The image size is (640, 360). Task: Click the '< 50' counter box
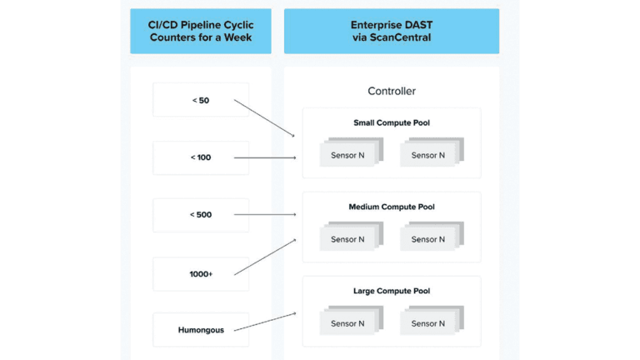pos(201,100)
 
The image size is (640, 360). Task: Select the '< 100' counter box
pos(201,157)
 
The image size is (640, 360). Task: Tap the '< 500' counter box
pos(201,215)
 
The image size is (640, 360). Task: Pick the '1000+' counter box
pos(201,273)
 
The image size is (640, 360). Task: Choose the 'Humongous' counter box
pos(201,330)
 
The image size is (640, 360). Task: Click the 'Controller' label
pos(391,91)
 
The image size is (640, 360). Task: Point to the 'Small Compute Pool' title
pos(391,123)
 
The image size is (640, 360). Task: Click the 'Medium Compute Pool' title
pos(391,207)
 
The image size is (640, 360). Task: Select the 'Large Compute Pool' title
pos(391,291)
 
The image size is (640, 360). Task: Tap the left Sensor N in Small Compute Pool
pos(347,155)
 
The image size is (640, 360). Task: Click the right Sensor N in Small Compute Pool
pos(428,155)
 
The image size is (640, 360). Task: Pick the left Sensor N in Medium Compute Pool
pos(347,239)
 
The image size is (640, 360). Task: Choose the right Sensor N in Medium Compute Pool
pos(428,239)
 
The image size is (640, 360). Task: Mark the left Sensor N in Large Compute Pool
pos(347,323)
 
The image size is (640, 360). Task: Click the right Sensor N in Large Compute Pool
pos(428,323)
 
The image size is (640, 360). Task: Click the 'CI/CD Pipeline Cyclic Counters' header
pos(201,32)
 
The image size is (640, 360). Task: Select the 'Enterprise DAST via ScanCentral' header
pos(391,32)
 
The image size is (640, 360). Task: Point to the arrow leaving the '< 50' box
pos(265,118)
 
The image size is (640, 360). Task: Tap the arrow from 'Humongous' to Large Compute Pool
pos(265,322)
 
